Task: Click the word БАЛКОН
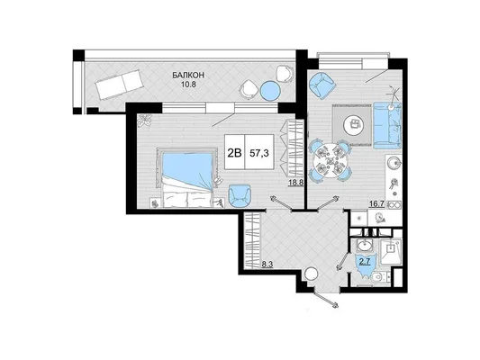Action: [x=188, y=75]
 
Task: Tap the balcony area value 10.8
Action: [x=188, y=85]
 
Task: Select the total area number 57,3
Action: [x=259, y=153]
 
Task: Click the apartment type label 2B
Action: [x=235, y=153]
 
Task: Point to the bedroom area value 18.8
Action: [x=296, y=183]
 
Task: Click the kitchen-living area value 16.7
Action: [x=376, y=204]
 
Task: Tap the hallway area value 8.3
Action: [x=267, y=265]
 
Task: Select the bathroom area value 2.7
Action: [x=365, y=261]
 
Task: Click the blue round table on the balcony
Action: [x=270, y=91]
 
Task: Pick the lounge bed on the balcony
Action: [x=120, y=84]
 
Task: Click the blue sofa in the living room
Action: [x=387, y=125]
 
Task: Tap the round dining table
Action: [x=330, y=160]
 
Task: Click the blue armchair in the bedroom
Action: [x=240, y=196]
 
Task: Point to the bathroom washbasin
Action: [x=364, y=246]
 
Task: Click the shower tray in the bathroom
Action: [x=391, y=252]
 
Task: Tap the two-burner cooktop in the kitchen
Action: [x=394, y=205]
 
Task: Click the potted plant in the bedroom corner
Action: [x=145, y=121]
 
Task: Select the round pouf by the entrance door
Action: [x=312, y=274]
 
